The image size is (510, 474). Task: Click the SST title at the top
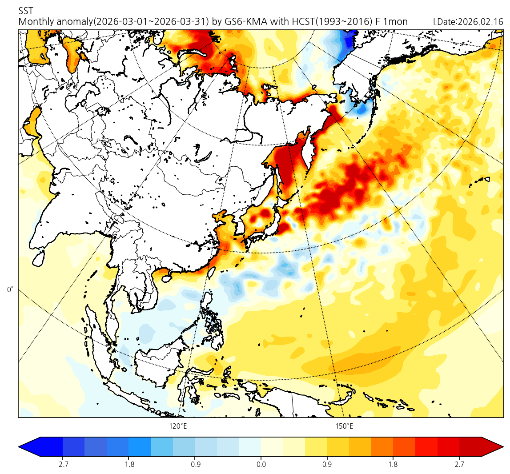26,11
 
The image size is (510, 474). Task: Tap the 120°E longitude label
178,426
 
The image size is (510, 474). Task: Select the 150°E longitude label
344,426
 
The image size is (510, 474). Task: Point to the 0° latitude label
10,290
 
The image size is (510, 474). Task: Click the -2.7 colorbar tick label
63,465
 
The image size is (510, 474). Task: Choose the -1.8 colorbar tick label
129,465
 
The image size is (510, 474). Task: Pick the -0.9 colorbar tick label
195,465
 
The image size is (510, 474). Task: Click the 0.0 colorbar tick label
261,465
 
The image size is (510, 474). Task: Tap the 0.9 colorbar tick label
327,465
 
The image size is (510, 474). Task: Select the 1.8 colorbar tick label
393,465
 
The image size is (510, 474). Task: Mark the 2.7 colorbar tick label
459,465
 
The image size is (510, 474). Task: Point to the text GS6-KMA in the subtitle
243,22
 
